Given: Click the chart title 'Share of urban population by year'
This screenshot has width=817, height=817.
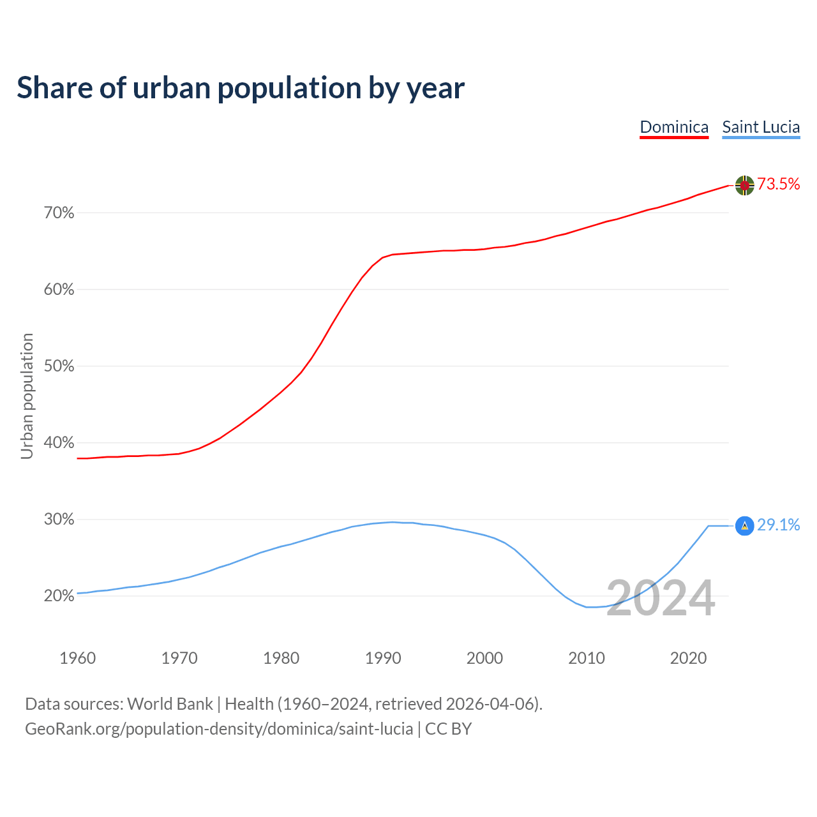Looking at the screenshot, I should [241, 88].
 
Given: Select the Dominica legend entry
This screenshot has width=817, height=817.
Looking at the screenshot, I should [674, 127].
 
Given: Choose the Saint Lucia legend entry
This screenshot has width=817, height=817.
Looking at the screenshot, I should [761, 127].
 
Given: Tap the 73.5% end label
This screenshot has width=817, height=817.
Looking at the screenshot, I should [779, 184].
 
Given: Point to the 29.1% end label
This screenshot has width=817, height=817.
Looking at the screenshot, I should [779, 525].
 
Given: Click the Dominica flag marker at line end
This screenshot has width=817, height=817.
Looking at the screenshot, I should [745, 185].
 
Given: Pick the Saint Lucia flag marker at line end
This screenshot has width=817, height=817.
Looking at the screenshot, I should [745, 525].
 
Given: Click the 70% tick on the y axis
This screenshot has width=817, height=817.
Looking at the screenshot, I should [59, 213].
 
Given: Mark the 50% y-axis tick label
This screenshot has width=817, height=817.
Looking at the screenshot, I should [59, 366].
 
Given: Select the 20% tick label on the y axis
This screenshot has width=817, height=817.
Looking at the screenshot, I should [59, 596].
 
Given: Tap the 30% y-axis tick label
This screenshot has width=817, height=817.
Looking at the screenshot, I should [59, 520].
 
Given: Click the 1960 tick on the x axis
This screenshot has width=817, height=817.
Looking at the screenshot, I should [77, 658].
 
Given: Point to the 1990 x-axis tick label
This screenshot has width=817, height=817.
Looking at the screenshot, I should [383, 658].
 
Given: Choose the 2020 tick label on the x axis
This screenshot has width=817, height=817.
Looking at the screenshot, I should [688, 658].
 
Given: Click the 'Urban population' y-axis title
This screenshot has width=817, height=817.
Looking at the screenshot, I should [27, 396].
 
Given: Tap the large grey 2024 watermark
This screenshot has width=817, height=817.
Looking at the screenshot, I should [661, 599].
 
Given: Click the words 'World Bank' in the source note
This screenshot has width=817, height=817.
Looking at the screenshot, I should [170, 704].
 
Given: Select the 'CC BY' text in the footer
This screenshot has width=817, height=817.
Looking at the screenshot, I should [448, 729].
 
